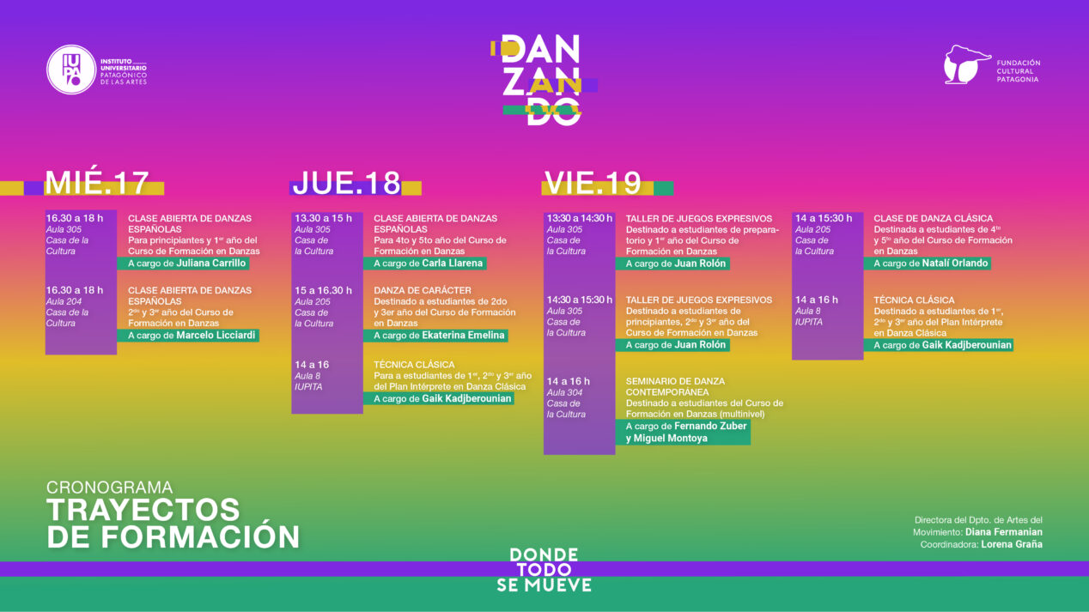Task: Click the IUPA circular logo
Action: tap(71, 70)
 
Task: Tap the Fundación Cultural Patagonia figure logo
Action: tap(966, 65)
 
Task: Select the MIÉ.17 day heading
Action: tap(97, 183)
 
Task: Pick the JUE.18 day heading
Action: tap(347, 183)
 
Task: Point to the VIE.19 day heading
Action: tap(593, 183)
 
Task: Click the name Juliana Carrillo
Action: tap(211, 264)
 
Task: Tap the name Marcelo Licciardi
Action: tap(216, 335)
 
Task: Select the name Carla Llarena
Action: tap(452, 264)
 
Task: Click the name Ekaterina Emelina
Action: tap(463, 335)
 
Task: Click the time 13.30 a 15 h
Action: tap(323, 219)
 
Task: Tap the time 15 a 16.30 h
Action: tap(323, 290)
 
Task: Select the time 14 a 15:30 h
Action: tap(824, 219)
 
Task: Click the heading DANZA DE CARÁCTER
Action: tap(423, 290)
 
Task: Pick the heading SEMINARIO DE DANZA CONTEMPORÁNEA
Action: tap(675, 386)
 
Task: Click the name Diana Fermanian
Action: tap(1004, 532)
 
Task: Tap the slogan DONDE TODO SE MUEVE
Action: tap(544, 570)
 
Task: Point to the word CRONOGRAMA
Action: tap(109, 488)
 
